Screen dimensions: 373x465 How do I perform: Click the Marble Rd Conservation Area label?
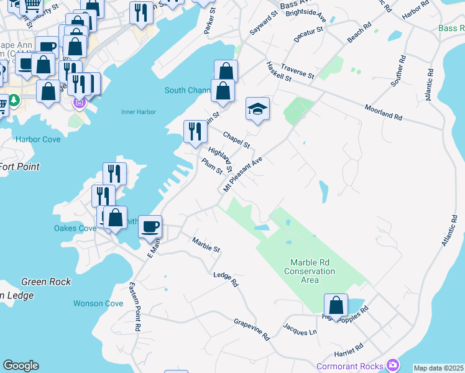click(x=310, y=271)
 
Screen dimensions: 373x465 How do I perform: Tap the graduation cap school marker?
click(x=257, y=111)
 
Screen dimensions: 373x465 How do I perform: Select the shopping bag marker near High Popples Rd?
click(x=336, y=306)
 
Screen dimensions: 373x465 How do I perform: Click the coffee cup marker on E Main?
click(x=149, y=227)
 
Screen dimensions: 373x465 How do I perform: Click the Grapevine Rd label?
click(x=252, y=329)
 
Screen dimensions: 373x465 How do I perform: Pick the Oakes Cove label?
click(x=75, y=228)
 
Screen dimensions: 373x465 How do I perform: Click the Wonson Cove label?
click(x=98, y=303)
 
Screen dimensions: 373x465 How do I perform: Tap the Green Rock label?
click(x=46, y=282)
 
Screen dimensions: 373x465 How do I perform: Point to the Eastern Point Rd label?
click(x=134, y=306)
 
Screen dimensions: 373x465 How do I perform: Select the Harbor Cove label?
click(x=39, y=139)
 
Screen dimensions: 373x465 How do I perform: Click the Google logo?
click(x=21, y=366)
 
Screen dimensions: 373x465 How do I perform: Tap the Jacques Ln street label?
click(x=300, y=329)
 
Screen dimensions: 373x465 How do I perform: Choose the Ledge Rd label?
click(x=226, y=279)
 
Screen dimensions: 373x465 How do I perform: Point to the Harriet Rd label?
click(x=349, y=348)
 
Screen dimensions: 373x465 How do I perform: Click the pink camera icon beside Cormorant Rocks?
click(x=393, y=364)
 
